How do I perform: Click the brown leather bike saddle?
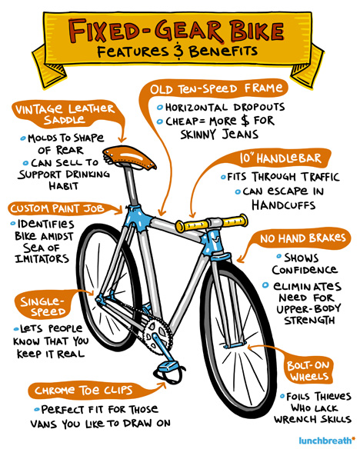coord(129,157)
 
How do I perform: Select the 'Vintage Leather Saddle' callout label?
coord(65,114)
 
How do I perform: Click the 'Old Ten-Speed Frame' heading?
coord(215,88)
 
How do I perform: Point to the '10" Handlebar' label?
coord(281,158)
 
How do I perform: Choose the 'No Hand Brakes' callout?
coord(303,238)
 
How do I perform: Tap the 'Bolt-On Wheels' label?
coord(309,371)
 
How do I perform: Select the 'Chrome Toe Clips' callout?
coord(84,391)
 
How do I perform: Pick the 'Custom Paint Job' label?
coord(57,208)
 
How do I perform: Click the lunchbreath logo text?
coord(326,441)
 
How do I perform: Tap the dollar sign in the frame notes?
coord(245,120)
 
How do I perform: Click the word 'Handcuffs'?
coord(284,205)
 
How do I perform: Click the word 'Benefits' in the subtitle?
coord(223,51)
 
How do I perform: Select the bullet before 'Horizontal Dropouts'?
coord(160,108)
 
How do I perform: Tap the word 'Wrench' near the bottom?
coord(295,419)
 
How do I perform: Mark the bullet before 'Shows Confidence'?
coord(279,256)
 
